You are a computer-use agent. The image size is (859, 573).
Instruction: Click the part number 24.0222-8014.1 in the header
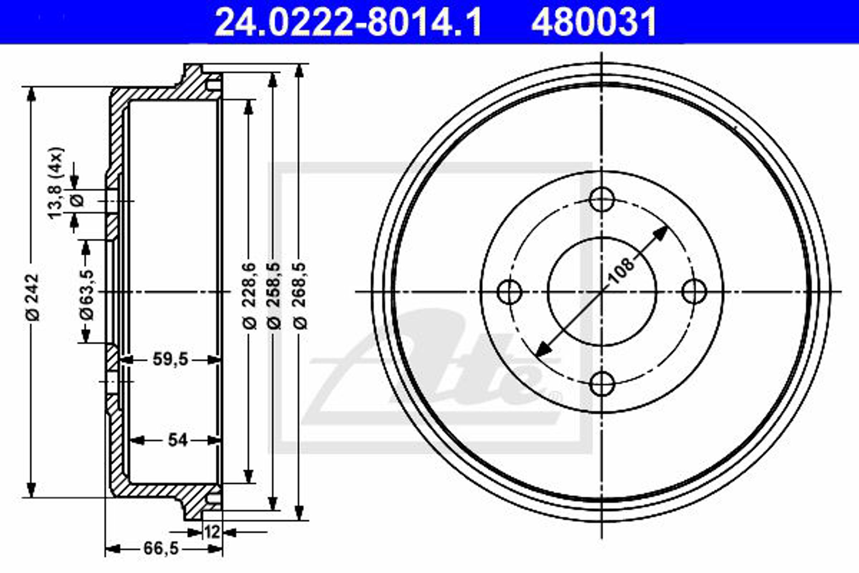point(348,23)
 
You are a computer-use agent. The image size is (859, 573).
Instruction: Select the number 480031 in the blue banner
point(594,23)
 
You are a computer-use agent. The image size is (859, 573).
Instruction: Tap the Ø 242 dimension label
point(33,297)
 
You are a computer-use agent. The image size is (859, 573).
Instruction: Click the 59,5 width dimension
point(170,360)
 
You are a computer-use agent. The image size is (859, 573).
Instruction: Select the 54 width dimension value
point(178,440)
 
